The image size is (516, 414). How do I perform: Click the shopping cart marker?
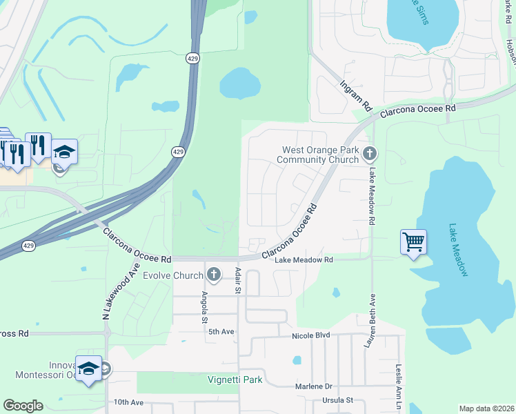[x=413, y=242]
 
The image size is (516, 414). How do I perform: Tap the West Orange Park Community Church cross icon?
[x=370, y=154]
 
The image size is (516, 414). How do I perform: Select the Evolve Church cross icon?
[x=213, y=275]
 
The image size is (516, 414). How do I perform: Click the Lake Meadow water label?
[x=459, y=250]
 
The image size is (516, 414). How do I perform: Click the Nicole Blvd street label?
[x=311, y=335]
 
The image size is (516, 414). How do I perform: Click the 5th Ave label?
[x=222, y=332]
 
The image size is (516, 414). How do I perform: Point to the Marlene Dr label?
[x=314, y=387]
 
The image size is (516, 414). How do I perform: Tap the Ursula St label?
[x=337, y=400]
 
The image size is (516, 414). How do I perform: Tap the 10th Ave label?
[x=128, y=402]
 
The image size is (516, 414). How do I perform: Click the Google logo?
[x=23, y=405]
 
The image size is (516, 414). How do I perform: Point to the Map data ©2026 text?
[x=486, y=408]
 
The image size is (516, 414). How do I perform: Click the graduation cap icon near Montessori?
[x=88, y=369]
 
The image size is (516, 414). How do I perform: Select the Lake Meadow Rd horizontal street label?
[x=304, y=260]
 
